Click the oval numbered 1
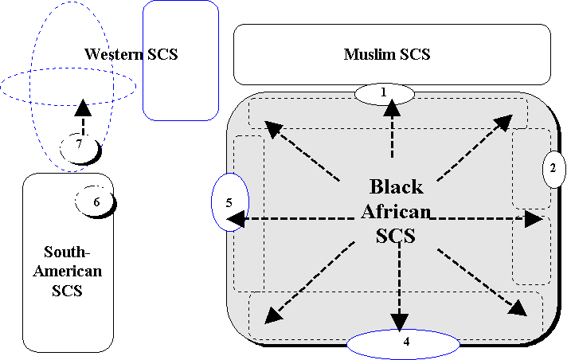[384, 93]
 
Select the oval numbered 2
[553, 168]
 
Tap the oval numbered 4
[403, 343]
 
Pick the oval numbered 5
[229, 202]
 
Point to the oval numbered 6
[96, 202]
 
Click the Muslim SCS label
[387, 54]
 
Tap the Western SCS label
[131, 54]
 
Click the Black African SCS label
[397, 212]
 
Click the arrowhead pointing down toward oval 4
[401, 321]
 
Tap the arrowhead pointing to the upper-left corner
[272, 127]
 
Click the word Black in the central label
[396, 188]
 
